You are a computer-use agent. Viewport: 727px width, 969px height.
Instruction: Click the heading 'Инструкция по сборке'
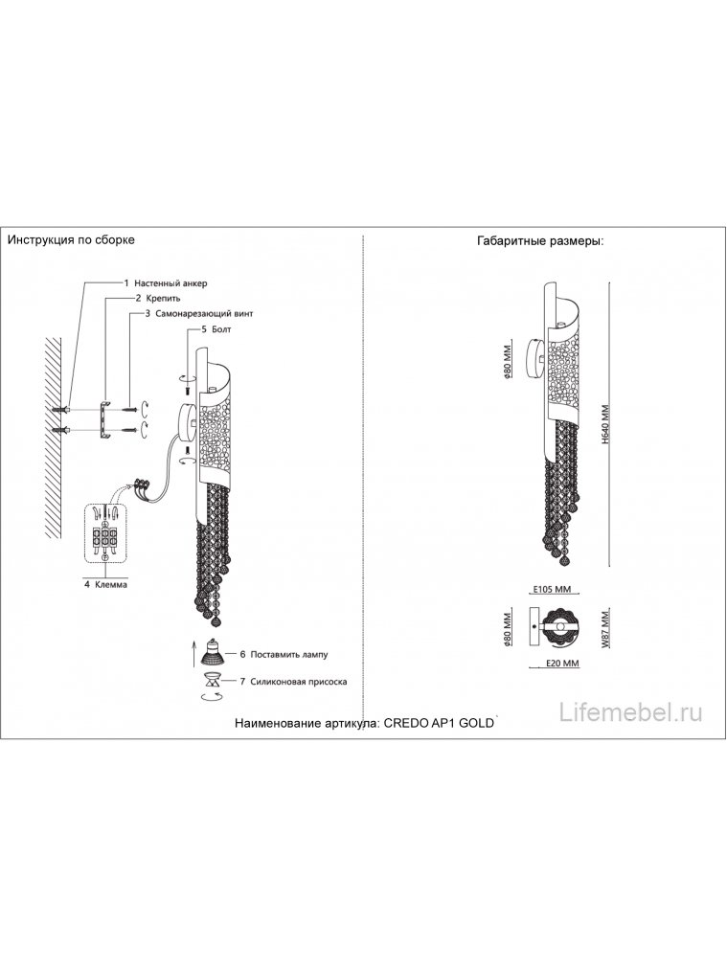click(x=71, y=239)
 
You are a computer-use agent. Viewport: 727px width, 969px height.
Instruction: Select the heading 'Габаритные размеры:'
click(x=539, y=240)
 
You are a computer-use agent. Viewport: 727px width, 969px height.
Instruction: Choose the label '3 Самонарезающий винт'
click(x=198, y=313)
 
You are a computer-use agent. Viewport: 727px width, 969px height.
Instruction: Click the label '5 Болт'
click(x=216, y=328)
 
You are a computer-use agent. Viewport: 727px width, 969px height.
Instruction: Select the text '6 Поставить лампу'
click(x=284, y=654)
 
